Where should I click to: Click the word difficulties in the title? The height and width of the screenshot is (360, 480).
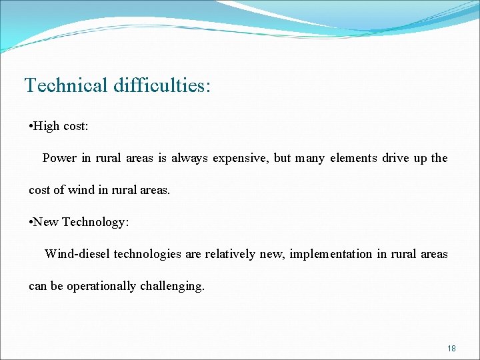[161, 85]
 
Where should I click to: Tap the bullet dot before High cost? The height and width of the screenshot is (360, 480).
[31, 127]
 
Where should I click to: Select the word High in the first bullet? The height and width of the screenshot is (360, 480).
[46, 126]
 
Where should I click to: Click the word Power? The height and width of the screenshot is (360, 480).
[59, 158]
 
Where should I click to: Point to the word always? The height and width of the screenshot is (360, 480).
[189, 158]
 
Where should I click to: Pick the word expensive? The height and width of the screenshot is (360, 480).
[240, 159]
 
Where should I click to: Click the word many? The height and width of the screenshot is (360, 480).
[309, 159]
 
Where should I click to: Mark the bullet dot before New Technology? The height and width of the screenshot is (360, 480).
[31, 223]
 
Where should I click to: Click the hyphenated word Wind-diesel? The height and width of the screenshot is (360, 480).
[77, 254]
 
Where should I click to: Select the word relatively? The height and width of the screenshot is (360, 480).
[230, 254]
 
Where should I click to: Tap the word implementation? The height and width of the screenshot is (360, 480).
[331, 255]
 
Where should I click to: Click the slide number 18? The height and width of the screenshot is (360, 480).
[451, 348]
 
